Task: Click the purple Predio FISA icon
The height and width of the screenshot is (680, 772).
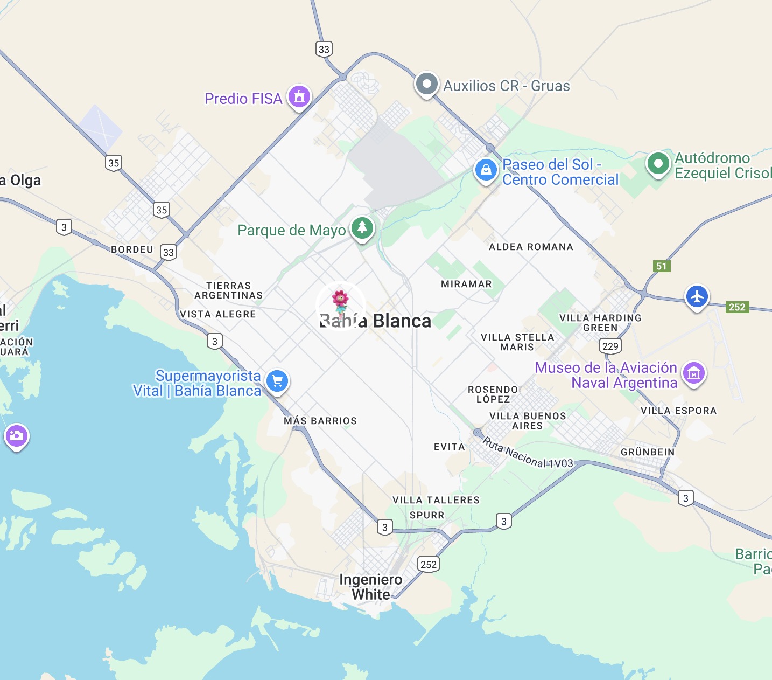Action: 299,97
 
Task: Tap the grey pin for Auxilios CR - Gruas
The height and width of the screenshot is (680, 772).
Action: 427,85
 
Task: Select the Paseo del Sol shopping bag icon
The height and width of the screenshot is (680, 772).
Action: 486,170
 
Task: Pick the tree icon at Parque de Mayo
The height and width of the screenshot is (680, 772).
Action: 362,228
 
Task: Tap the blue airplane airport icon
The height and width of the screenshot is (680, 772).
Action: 697,297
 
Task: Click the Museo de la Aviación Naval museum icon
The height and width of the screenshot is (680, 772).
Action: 694,373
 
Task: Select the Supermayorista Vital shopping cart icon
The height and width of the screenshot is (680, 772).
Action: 277,381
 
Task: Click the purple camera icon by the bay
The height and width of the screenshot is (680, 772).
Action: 16,436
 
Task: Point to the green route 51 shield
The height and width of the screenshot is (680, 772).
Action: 662,266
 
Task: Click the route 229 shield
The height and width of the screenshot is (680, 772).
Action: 610,346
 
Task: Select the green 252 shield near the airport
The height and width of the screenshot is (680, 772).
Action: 737,307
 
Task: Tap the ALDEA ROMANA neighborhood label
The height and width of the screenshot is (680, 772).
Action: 531,247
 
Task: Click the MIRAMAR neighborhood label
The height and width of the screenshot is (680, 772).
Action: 466,284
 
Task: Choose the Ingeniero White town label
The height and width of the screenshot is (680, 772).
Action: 371,587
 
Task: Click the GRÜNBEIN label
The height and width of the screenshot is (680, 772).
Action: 648,452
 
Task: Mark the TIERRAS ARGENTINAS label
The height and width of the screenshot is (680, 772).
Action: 229,290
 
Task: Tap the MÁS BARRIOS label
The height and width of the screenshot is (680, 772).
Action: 320,421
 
